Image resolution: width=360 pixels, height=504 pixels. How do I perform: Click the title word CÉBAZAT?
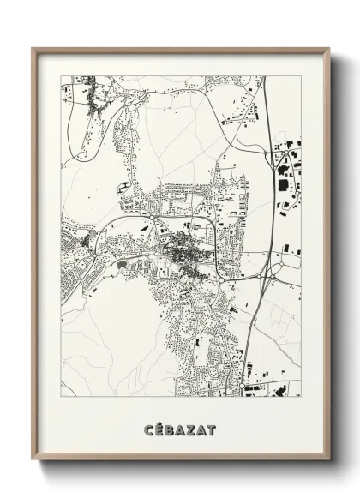click(180, 429)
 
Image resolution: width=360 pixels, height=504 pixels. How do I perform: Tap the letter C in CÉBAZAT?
click(150, 429)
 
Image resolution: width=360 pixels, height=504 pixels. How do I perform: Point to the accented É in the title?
click(160, 429)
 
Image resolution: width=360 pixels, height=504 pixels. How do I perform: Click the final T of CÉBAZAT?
click(211, 429)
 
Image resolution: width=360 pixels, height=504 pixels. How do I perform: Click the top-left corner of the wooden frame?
click(33, 49)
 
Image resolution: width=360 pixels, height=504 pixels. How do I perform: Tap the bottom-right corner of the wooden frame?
click(329, 459)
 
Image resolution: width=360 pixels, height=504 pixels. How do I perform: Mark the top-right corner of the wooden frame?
click(329, 49)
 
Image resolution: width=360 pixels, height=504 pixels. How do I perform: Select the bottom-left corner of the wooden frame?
click(33, 459)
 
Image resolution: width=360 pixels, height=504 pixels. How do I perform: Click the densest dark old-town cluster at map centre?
click(183, 255)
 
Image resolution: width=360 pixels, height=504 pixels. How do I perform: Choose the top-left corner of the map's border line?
click(62, 76)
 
